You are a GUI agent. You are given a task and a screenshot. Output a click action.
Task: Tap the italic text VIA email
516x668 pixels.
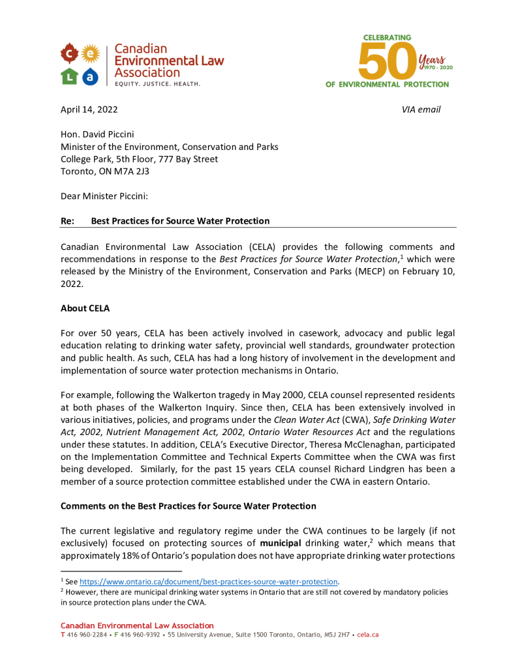[421, 110]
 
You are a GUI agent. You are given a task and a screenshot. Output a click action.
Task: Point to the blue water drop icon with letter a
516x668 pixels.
[91, 77]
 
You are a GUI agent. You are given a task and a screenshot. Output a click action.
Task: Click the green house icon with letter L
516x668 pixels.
[70, 77]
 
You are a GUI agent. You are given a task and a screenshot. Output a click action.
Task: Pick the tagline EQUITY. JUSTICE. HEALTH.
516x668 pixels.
[157, 84]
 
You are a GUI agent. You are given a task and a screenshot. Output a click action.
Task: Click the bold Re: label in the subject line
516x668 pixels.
[68, 221]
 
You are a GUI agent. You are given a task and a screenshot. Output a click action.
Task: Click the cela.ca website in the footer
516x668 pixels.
[368, 635]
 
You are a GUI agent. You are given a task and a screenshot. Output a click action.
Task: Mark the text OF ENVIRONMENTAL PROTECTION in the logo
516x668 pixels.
[387, 85]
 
